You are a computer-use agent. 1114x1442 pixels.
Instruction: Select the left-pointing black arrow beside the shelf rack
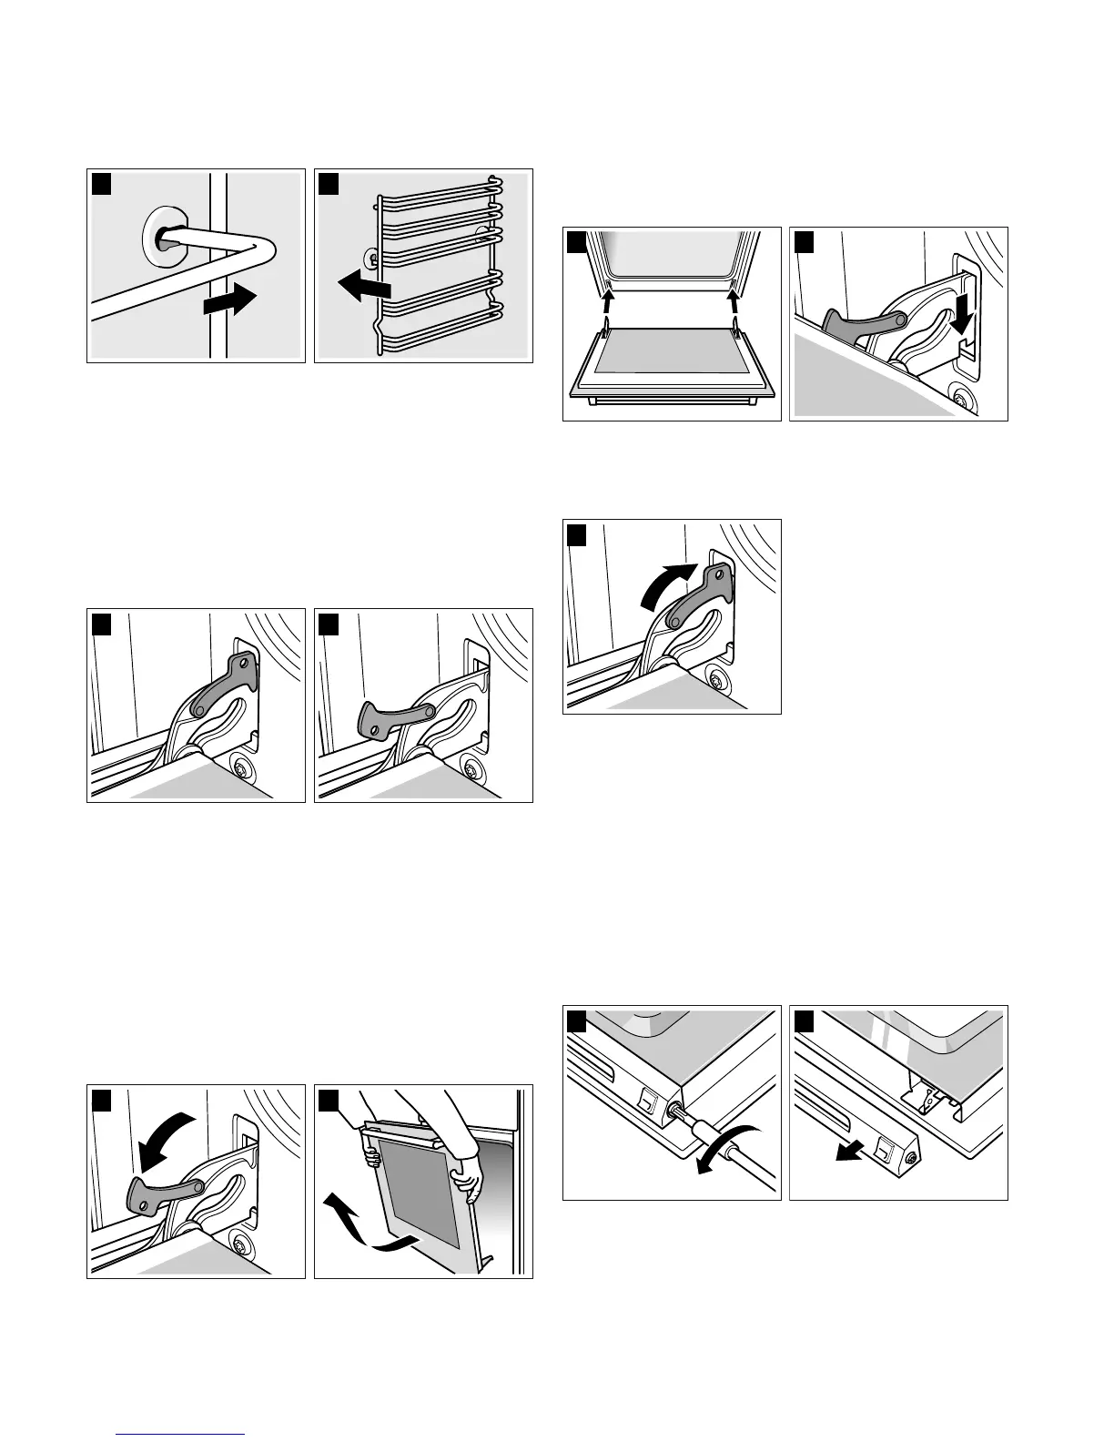(x=364, y=288)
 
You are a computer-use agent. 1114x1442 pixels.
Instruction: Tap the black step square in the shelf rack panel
(x=328, y=184)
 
